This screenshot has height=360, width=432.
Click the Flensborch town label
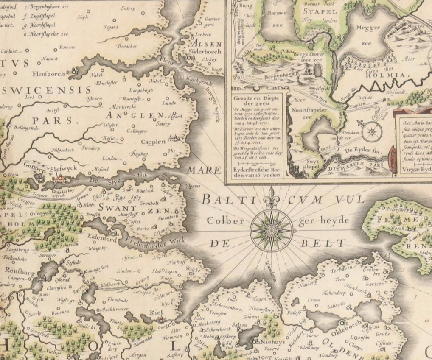[x=48, y=73]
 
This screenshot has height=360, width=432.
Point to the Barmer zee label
[x=278, y=19]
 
